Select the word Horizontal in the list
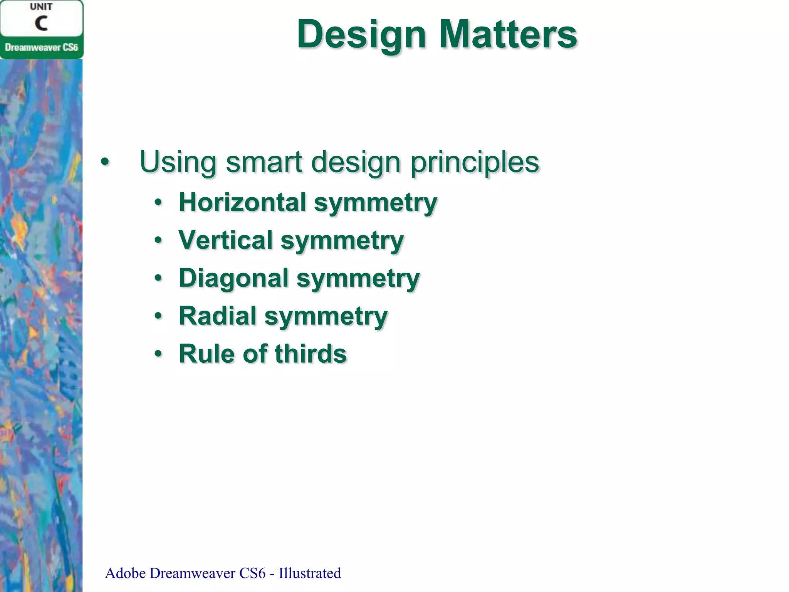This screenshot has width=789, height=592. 242,202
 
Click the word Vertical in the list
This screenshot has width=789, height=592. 225,240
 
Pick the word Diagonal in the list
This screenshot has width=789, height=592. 233,278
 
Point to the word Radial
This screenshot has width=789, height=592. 218,316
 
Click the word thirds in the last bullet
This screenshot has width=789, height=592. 310,353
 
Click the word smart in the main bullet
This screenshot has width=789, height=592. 264,162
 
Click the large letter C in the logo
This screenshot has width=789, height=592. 41,23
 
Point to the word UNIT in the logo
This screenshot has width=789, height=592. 41,7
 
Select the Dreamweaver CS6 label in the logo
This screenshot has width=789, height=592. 41,47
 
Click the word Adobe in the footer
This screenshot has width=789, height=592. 125,573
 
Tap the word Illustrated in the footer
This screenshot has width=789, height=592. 310,573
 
